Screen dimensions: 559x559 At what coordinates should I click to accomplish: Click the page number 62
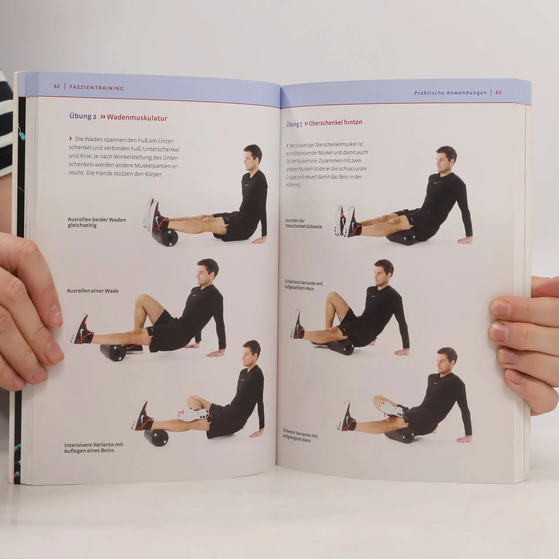click(57, 86)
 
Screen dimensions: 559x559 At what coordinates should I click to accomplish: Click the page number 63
click(498, 93)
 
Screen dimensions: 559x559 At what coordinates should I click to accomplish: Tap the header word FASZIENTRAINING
click(97, 88)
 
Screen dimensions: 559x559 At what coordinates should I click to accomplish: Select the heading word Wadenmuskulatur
click(137, 118)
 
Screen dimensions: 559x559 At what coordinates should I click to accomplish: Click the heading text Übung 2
click(83, 116)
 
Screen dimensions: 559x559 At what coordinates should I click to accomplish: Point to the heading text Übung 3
click(294, 124)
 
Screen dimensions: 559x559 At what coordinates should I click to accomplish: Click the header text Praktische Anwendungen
click(450, 93)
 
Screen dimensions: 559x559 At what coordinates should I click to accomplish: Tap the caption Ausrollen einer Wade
click(93, 291)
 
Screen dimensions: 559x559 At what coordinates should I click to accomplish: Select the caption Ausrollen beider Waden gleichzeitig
click(97, 222)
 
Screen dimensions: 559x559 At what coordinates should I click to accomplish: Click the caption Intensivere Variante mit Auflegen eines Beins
click(93, 448)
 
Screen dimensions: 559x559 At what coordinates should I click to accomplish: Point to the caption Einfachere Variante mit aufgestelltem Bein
click(304, 285)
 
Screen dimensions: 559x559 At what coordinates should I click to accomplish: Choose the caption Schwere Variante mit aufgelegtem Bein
click(300, 436)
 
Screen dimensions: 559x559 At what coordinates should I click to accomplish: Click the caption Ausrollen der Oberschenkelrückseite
click(304, 224)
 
